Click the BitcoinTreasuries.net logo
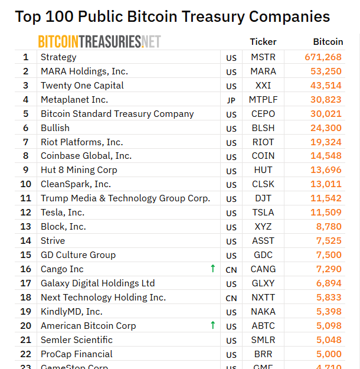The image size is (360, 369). coord(99,41)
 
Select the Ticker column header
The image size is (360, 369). coord(263,42)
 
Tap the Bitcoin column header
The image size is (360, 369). coord(328,42)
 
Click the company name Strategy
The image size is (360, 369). coord(58,57)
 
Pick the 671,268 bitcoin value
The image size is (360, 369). coord(323,57)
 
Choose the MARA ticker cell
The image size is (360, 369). coord(263,71)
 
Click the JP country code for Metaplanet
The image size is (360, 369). coord(231,100)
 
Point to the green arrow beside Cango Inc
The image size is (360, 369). coord(212,269)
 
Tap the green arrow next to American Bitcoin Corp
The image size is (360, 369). coord(212,325)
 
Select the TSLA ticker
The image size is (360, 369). coord(263,213)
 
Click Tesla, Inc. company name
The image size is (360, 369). coord(63,213)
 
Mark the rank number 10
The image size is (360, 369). coord(26,184)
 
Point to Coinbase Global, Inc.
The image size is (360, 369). coord(86,156)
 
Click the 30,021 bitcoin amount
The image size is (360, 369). coord(326,114)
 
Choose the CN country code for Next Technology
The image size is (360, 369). coord(231,298)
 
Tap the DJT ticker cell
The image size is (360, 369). coord(263,198)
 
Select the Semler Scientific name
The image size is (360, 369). coord(77,340)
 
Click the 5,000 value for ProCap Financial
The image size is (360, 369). coord(329,354)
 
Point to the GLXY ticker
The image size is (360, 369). coord(263,283)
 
